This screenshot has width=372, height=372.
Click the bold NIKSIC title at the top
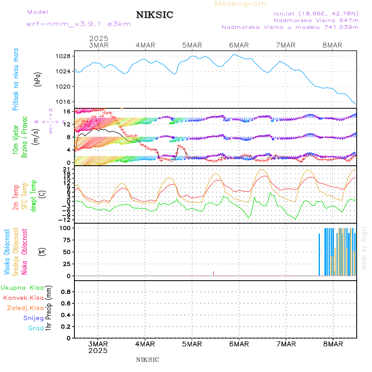pos(155,15)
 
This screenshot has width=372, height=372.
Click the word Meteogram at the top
pos(241,4)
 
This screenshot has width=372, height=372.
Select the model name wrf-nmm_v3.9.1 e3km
pos(79,24)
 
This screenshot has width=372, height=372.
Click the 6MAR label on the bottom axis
pos(238,344)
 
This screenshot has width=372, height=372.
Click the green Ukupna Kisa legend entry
pos(22,288)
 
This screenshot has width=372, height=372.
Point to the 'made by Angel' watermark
pos(364,248)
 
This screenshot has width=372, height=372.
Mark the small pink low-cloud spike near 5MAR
pos(213,273)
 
